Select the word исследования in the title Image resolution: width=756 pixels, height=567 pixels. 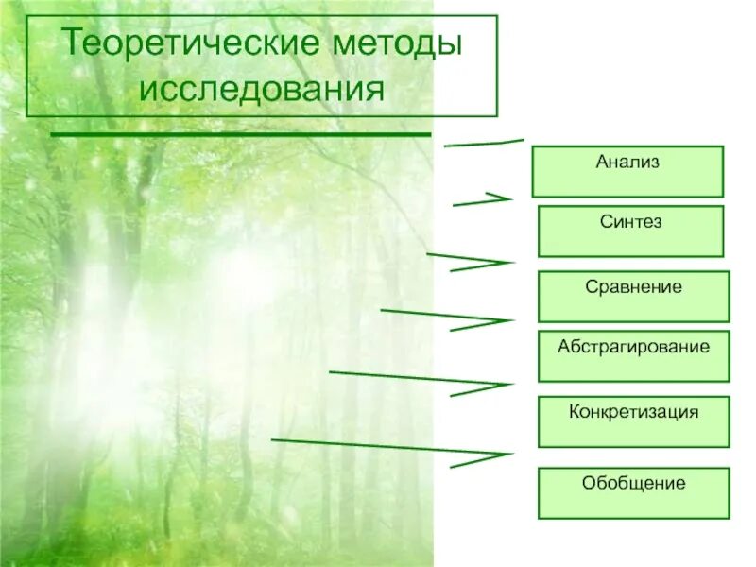262,90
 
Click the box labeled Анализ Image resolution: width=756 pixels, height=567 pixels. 627,171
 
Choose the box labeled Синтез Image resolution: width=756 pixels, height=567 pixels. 630,231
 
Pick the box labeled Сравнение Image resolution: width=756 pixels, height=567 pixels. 633,296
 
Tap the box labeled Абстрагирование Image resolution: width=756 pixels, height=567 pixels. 633,355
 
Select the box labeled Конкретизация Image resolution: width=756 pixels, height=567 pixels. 633,421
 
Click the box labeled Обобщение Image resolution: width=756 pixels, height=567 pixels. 633,492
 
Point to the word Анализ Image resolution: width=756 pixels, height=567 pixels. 627,162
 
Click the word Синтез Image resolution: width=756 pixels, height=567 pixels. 630,222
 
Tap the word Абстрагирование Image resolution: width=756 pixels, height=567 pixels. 633,347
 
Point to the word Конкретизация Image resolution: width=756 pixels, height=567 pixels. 633,412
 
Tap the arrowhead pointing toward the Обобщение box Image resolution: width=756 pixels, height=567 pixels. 496,455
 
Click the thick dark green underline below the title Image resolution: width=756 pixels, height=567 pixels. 240,135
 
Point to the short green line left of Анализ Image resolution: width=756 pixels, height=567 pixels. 483,143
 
